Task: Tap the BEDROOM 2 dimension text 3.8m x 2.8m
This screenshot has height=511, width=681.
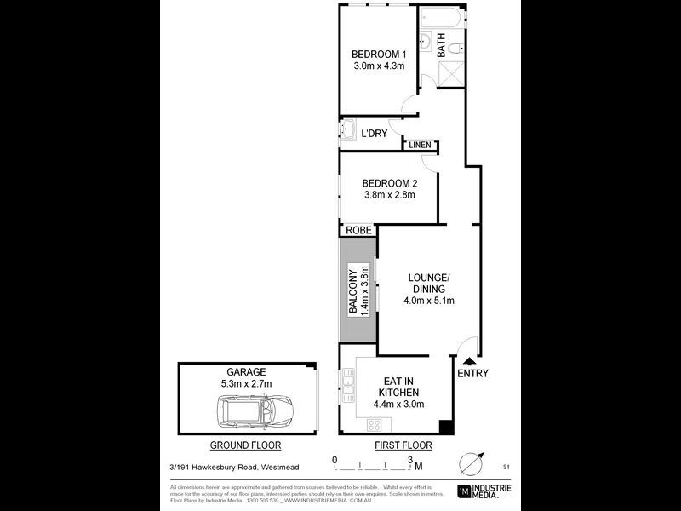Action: [x=388, y=195]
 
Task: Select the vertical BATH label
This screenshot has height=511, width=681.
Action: [x=441, y=44]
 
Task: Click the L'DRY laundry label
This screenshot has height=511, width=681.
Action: [x=375, y=134]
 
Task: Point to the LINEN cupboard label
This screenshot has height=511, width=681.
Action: [x=420, y=146]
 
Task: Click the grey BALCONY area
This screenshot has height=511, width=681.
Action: [x=358, y=290]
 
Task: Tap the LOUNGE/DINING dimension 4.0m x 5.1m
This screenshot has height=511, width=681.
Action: [x=430, y=301]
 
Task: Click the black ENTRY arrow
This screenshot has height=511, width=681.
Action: [x=468, y=361]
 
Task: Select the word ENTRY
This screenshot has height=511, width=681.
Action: [x=473, y=374]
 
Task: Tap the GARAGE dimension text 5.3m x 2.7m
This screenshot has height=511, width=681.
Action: [x=246, y=384]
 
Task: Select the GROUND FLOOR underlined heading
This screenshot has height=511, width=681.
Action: [x=245, y=445]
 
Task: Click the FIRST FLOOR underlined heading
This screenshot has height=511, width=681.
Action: [x=403, y=445]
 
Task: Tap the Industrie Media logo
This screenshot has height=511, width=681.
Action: [x=483, y=491]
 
